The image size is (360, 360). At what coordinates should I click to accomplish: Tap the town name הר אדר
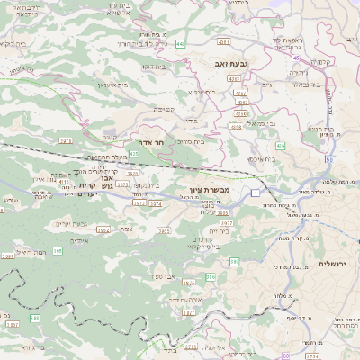(x=149, y=142)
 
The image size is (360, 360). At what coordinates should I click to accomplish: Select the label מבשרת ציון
(x=212, y=190)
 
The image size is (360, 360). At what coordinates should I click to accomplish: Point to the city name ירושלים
(x=333, y=263)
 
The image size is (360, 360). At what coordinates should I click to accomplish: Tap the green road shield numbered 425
(x=134, y=154)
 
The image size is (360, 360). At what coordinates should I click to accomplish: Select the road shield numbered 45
(x=296, y=58)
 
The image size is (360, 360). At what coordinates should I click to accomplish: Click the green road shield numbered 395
(x=234, y=262)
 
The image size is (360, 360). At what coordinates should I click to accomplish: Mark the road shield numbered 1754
(x=312, y=357)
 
